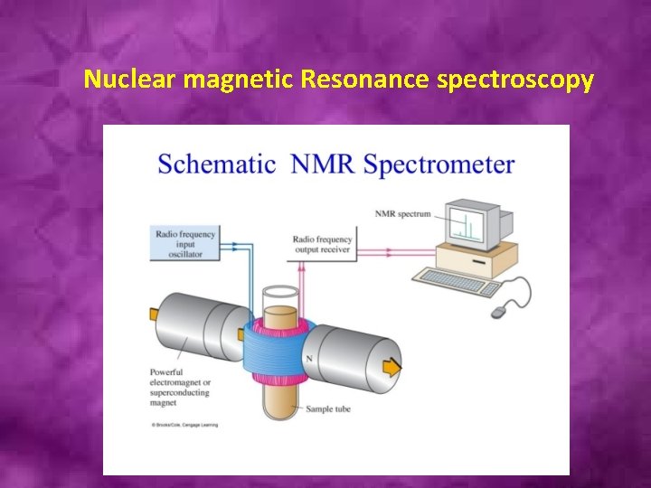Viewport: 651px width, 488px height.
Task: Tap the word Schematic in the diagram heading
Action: coord(218,164)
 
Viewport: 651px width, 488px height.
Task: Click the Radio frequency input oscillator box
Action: coord(185,242)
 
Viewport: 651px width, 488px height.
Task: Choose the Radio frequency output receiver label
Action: coord(322,245)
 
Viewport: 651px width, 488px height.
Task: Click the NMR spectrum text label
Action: coord(402,214)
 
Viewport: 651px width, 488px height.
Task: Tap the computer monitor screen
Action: coord(467,224)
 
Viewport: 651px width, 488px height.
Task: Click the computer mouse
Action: coord(499,311)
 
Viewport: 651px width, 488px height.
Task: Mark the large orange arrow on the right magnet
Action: coord(392,367)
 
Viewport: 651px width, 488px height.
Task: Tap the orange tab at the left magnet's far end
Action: coord(153,314)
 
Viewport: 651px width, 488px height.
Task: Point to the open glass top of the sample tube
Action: coord(280,294)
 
